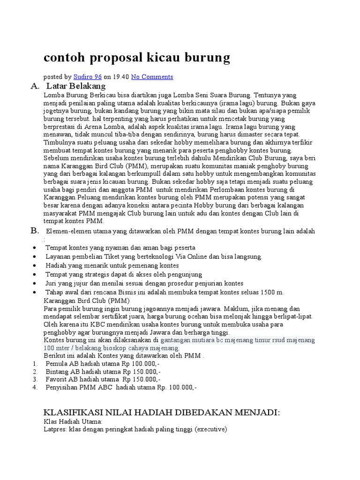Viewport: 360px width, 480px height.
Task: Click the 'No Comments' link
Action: (x=152, y=77)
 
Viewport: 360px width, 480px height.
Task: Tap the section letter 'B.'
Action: (x=35, y=230)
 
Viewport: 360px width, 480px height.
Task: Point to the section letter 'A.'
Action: (x=35, y=86)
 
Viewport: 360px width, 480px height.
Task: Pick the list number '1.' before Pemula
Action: (x=35, y=363)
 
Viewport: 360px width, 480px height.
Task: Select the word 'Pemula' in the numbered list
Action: (x=56, y=363)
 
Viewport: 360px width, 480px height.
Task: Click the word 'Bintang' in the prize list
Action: (x=57, y=371)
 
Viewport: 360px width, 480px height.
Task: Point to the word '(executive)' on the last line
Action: (x=211, y=429)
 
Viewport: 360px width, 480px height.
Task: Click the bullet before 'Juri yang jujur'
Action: (x=35, y=284)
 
